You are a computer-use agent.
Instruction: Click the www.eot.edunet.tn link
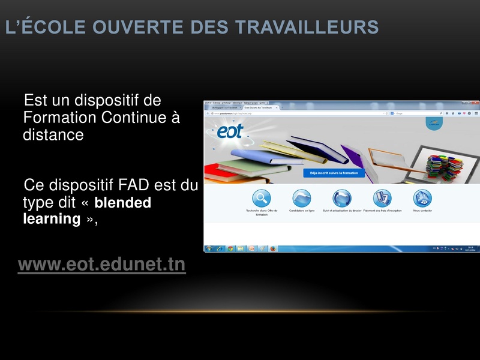tap(102, 265)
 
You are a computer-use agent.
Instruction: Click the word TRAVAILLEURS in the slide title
tap(306, 27)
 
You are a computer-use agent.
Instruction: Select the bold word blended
tap(123, 203)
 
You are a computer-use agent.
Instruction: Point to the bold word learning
tap(52, 218)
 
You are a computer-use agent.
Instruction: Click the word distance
tap(53, 134)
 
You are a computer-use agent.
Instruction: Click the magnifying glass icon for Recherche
tap(262, 198)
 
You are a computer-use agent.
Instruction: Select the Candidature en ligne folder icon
tap(302, 198)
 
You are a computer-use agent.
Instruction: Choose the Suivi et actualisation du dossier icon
tap(342, 198)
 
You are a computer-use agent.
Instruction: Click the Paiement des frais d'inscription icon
tap(382, 198)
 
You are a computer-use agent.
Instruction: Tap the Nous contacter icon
tap(422, 198)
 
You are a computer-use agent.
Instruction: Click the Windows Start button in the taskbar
tap(209, 248)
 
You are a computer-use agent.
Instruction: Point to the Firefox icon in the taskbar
tap(273, 248)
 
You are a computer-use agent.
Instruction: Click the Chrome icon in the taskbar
tap(230, 248)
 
